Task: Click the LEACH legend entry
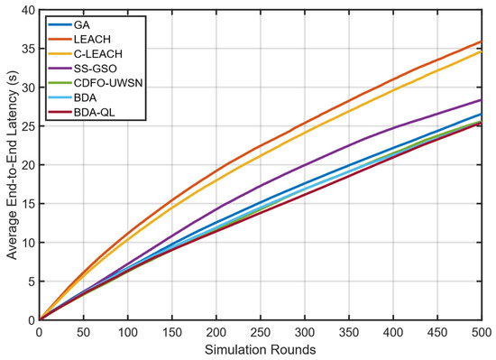[x=92, y=39]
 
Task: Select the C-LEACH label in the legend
[x=98, y=54]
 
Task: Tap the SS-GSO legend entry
[x=96, y=69]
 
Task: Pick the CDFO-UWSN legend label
[x=108, y=83]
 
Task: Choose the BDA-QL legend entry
[x=95, y=112]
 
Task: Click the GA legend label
[x=82, y=24]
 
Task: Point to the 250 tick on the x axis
[x=261, y=333]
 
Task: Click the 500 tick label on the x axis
[x=482, y=333]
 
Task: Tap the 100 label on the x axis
[x=127, y=333]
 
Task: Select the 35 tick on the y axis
[x=29, y=49]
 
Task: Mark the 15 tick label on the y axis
[x=29, y=204]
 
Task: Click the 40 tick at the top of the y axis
[x=29, y=10]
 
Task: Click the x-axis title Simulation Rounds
[x=260, y=350]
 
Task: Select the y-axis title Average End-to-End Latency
[x=12, y=165]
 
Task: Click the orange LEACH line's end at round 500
[x=482, y=42]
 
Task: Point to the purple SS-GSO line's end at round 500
[x=482, y=100]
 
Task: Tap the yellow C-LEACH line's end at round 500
[x=482, y=51]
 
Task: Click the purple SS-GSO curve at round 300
[x=305, y=165]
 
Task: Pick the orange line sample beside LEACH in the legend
[x=60, y=39]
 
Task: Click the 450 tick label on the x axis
[x=437, y=333]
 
